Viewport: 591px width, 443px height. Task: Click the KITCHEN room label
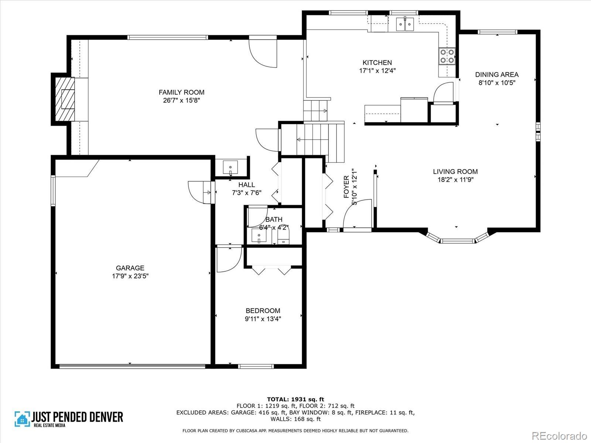click(377, 63)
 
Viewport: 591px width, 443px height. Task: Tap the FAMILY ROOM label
click(181, 92)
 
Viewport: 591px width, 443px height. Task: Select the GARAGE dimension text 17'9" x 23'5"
click(130, 276)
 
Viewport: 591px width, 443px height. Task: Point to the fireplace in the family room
click(65, 99)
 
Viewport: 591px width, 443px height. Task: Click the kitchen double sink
click(405, 24)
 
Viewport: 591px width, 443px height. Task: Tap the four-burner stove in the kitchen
click(447, 56)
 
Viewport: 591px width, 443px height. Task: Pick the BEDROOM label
click(263, 311)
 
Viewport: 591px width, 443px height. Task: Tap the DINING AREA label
click(497, 75)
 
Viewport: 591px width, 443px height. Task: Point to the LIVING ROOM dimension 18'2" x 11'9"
click(455, 179)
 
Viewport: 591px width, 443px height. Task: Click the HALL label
click(246, 185)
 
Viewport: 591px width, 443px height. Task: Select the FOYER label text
click(346, 187)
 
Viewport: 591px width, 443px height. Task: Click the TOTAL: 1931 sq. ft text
click(295, 399)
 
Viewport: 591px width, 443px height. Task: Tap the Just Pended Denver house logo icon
click(23, 419)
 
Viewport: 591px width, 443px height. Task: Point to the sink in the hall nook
click(230, 167)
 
